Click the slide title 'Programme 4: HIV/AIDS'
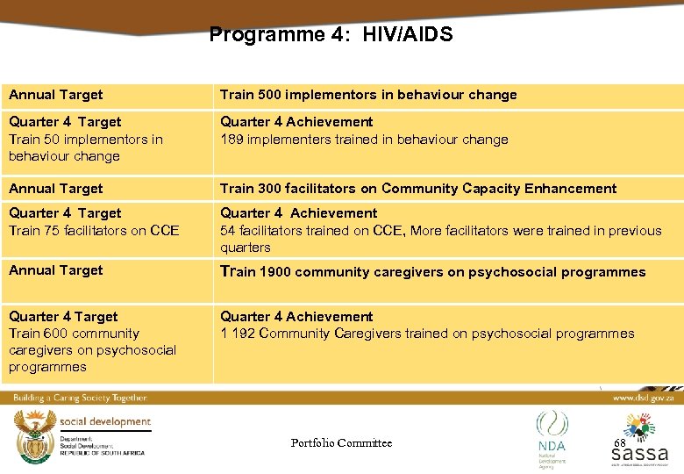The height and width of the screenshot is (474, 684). click(x=331, y=35)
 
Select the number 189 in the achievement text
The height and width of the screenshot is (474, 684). click(x=232, y=140)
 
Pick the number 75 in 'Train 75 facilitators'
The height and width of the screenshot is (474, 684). click(x=53, y=231)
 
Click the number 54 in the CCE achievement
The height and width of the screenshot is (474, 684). click(x=229, y=231)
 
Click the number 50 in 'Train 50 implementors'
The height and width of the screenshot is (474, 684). click(x=53, y=140)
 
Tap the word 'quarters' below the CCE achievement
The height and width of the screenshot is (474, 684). click(x=246, y=248)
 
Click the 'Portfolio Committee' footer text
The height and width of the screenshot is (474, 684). click(x=341, y=443)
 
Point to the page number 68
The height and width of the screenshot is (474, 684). click(x=619, y=442)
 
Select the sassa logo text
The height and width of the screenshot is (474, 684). click(x=639, y=455)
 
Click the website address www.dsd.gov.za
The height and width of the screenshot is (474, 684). click(x=645, y=398)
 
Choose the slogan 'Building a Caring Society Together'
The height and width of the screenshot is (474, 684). click(x=80, y=398)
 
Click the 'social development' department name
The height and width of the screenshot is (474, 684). click(x=106, y=421)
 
